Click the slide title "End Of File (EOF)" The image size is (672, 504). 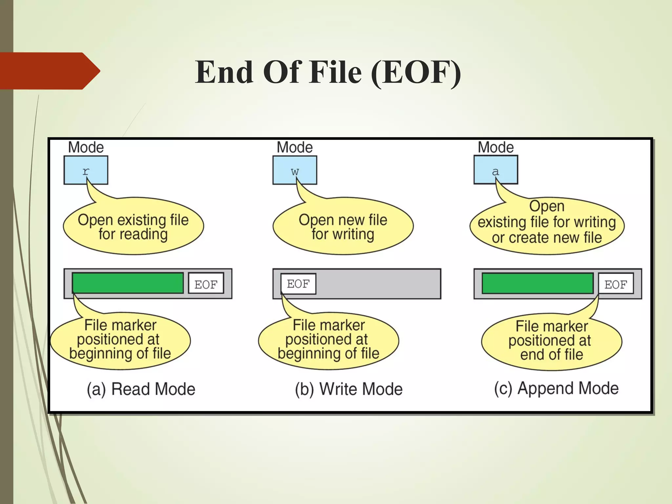(328, 72)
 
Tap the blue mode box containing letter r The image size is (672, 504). (86, 170)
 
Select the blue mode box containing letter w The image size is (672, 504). (295, 170)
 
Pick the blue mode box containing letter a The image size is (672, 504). (495, 170)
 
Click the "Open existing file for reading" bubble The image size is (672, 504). (133, 226)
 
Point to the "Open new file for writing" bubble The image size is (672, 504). (343, 226)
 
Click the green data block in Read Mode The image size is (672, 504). (128, 283)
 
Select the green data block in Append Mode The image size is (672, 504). (537, 283)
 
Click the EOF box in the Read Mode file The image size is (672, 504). (206, 283)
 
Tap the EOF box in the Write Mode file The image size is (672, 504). (298, 283)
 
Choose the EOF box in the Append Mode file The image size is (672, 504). (616, 283)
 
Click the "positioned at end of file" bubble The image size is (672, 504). (551, 341)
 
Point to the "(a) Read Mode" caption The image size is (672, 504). (141, 389)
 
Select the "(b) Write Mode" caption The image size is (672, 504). (348, 389)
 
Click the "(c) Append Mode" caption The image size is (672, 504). (556, 388)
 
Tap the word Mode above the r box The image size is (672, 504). (86, 147)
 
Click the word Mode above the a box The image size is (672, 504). (495, 147)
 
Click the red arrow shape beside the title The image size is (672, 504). (49, 71)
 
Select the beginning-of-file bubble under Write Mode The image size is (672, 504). (328, 340)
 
